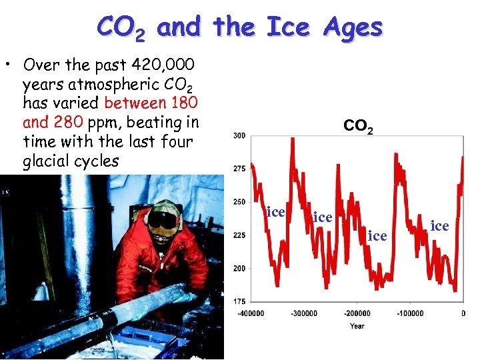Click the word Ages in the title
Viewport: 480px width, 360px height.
[x=353, y=27]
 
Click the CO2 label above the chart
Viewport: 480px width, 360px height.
[x=359, y=125]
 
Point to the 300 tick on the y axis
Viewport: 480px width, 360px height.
[x=239, y=135]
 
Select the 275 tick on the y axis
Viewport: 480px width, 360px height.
[x=239, y=169]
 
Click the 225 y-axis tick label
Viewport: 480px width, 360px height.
[x=239, y=235]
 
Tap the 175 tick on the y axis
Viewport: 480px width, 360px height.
[x=239, y=301]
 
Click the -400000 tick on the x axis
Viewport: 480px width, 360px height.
[x=251, y=313]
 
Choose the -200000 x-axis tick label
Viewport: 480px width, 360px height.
[x=357, y=313]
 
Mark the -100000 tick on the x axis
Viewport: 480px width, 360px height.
[x=410, y=313]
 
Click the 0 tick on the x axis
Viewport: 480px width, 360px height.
[x=463, y=313]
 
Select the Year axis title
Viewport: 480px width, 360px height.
[x=357, y=326]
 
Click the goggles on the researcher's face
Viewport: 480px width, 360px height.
[x=163, y=219]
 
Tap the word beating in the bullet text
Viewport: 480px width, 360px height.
[x=146, y=123]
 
